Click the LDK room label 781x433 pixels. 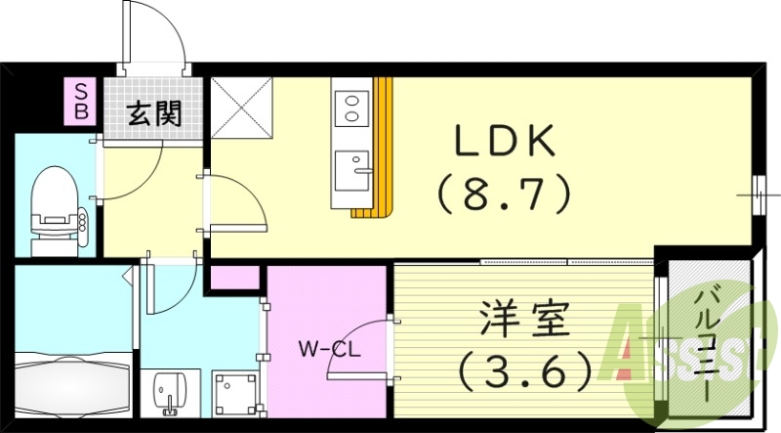click(x=503, y=141)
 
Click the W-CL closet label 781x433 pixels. click(x=329, y=350)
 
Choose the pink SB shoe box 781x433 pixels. click(x=82, y=102)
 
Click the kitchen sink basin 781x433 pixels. click(x=351, y=171)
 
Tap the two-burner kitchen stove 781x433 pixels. click(x=351, y=108)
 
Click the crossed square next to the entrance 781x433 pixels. click(x=242, y=108)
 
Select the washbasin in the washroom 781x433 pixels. click(x=169, y=393)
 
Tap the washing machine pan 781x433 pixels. click(x=235, y=394)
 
